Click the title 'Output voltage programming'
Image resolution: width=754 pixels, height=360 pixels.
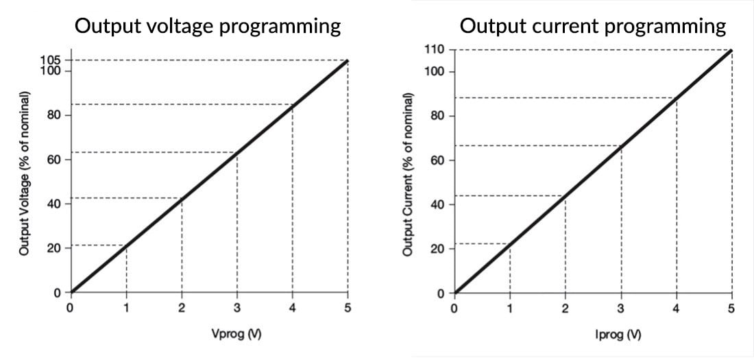click(x=208, y=27)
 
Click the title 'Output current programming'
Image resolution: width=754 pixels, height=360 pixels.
click(x=593, y=27)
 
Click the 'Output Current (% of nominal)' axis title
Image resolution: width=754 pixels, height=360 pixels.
click(x=409, y=173)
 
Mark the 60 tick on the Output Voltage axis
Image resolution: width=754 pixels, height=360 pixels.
click(x=54, y=160)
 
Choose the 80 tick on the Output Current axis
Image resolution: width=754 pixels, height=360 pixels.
click(x=438, y=116)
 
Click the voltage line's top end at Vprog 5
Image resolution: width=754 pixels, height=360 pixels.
click(x=348, y=61)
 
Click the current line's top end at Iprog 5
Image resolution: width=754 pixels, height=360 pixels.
click(x=731, y=50)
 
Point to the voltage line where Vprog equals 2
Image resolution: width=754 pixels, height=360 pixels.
click(x=182, y=199)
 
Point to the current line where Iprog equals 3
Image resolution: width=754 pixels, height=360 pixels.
click(x=621, y=145)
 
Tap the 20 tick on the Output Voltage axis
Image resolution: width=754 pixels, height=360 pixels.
click(x=54, y=248)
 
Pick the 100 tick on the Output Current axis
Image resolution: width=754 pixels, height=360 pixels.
click(x=437, y=71)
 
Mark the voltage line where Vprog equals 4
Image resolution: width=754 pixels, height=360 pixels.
click(x=293, y=105)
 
